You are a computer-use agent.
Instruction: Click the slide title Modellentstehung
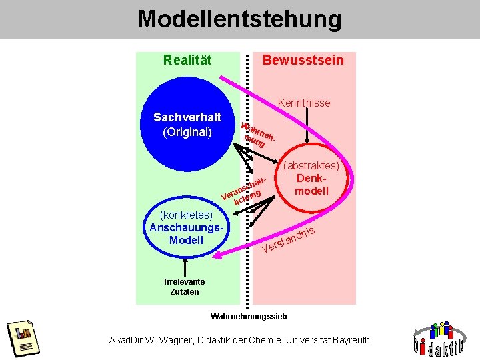(239, 19)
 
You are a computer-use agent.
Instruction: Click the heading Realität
(187, 61)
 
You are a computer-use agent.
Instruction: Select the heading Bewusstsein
(303, 61)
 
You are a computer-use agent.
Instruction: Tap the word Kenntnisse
(303, 103)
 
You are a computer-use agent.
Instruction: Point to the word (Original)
(187, 132)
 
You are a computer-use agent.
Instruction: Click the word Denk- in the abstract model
(312, 179)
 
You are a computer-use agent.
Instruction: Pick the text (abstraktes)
(312, 166)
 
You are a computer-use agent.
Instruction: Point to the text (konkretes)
(187, 215)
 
